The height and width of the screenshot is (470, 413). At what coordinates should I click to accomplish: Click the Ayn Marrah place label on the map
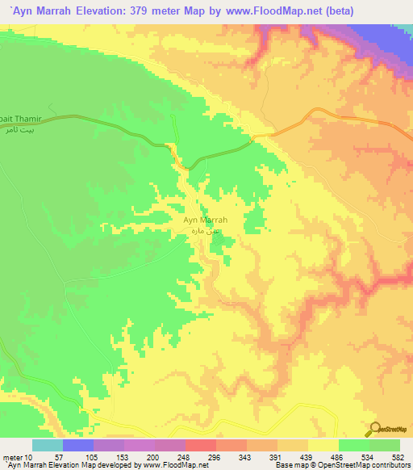click(206, 220)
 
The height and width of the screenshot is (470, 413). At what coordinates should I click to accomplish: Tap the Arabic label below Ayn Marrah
click(206, 232)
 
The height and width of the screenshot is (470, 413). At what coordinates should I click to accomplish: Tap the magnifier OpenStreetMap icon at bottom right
click(376, 430)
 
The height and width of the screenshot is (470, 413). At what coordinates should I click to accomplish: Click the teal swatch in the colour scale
click(47, 445)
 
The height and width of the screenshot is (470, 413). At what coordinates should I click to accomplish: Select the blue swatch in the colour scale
click(77, 445)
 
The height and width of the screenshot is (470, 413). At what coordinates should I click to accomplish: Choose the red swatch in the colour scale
click(200, 445)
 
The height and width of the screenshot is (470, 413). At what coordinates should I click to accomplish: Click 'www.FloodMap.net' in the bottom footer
click(169, 465)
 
